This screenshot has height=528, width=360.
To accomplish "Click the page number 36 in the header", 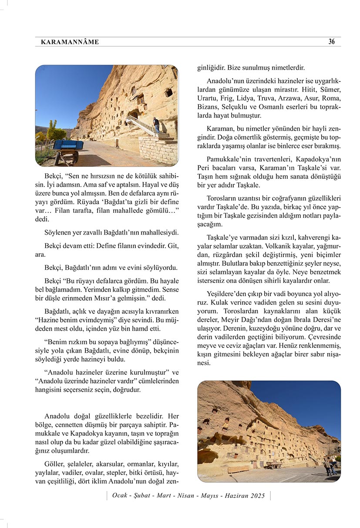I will click(332, 42).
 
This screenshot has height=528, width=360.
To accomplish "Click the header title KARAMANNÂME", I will click(70, 42).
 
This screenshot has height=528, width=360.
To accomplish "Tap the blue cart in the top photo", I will click(67, 146).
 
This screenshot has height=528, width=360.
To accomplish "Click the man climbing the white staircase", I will click(156, 125).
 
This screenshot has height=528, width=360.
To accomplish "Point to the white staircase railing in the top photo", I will click(139, 124).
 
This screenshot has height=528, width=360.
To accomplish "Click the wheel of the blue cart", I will click(71, 158).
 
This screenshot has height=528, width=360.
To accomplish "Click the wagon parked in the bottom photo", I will click(274, 465).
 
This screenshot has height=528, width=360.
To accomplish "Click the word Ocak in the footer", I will click(120, 496).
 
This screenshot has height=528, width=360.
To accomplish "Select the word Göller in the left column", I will click(54, 464).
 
